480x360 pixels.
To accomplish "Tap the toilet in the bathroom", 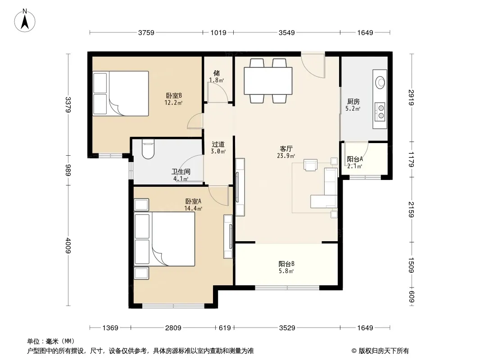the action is click(149, 149).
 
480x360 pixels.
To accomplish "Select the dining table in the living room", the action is click(268, 81).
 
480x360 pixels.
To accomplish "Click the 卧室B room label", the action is click(174, 96).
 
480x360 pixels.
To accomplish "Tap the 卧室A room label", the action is click(193, 201).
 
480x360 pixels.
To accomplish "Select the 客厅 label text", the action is click(286, 149).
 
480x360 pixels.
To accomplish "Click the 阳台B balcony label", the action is click(286, 264).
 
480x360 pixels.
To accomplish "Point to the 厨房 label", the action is click(353, 102).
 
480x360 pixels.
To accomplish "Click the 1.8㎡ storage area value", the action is click(217, 80).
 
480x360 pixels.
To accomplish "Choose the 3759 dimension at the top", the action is click(146, 32).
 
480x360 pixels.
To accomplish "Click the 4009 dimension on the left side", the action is click(68, 246).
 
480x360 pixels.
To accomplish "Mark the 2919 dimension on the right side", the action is click(411, 97).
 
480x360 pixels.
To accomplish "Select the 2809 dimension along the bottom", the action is click(173, 328).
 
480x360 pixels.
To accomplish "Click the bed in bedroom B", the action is click(121, 93).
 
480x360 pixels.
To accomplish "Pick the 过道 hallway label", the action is click(218, 144).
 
